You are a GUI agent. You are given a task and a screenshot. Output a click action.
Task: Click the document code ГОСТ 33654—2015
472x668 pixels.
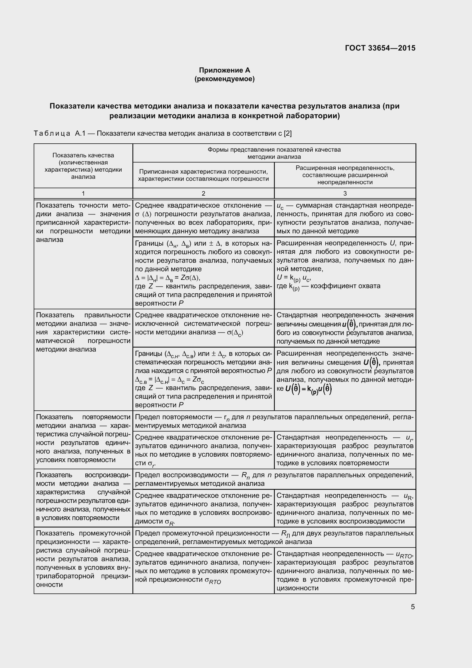point(380,48)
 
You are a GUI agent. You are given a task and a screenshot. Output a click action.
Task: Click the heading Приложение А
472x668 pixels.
point(224,70)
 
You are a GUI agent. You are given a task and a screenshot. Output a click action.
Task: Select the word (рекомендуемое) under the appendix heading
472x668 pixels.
point(224,79)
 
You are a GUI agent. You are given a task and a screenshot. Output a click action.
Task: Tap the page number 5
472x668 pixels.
point(413,607)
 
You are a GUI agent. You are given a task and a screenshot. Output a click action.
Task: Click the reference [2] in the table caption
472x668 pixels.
point(287,134)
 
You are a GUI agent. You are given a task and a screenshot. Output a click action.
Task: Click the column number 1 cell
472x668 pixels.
point(83,193)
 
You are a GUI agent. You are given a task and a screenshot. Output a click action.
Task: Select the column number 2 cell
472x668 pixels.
point(203,193)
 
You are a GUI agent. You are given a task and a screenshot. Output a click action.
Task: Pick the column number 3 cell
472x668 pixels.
point(345,193)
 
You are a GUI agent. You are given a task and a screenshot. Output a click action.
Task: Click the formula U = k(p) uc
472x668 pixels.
point(294,278)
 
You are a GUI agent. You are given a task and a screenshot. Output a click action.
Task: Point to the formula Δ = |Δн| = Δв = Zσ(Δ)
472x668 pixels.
point(168,278)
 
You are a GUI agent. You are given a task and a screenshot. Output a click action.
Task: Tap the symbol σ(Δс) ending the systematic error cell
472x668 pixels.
point(235,332)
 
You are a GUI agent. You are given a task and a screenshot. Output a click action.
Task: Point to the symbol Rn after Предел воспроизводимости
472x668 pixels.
point(246,476)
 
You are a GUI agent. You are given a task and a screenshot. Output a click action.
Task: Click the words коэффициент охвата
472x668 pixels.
point(345,286)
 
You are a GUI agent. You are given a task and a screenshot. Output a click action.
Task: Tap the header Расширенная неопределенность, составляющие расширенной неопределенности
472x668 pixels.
point(345,175)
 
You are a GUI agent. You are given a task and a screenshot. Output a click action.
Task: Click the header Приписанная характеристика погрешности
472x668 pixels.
point(203,172)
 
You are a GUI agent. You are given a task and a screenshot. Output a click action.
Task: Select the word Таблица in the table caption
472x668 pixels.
point(52,134)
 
